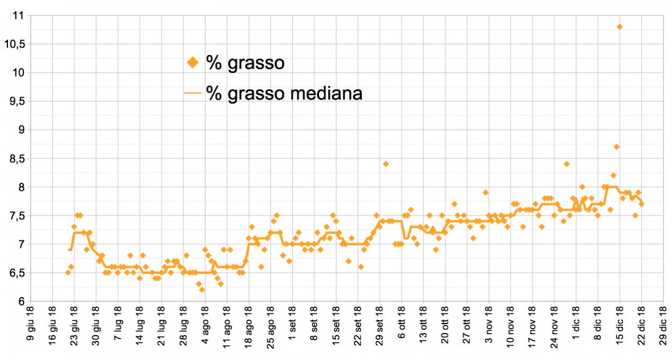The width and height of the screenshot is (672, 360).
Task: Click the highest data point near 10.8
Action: tap(620, 26)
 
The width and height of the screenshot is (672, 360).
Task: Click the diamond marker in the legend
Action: tap(193, 63)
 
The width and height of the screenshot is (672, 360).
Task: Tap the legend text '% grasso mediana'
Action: tap(284, 93)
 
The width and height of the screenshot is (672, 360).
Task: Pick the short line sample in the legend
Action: tap(193, 93)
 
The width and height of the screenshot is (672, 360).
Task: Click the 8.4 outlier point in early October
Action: tap(386, 164)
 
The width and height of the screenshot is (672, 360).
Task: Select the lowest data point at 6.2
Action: tap(202, 290)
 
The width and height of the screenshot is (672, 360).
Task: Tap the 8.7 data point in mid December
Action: tap(616, 147)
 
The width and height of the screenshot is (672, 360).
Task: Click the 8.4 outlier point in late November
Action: tap(566, 164)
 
